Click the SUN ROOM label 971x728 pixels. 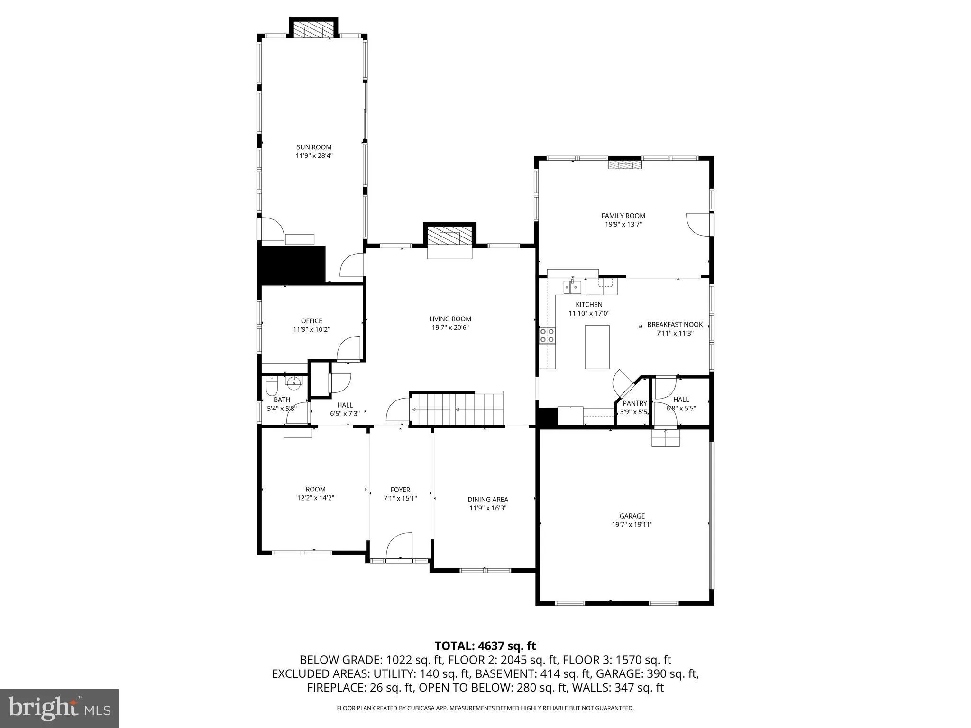tap(314, 147)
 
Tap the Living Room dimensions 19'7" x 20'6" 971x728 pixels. tap(450, 328)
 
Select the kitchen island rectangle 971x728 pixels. tap(597, 347)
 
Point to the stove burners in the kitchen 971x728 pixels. tap(547, 336)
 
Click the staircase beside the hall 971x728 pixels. tap(457, 409)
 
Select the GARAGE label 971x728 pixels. tap(632, 516)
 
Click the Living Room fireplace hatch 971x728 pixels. tap(449, 236)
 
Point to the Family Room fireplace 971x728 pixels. tap(625, 165)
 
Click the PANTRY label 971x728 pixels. tap(634, 403)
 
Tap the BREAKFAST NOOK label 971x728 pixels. tap(675, 325)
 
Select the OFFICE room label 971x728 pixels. tap(311, 321)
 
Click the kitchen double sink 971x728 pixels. tap(572, 287)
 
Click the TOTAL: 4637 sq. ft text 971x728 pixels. tap(485, 646)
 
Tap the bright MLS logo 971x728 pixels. tap(59, 709)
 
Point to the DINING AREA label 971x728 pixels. tap(487, 499)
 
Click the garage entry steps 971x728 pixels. tap(666, 438)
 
